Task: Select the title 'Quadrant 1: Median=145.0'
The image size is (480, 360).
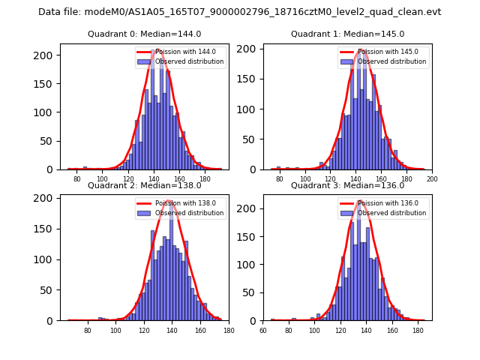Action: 347,34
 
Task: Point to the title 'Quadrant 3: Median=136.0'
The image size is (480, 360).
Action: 347,185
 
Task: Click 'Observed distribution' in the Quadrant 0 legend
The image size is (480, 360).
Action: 189,61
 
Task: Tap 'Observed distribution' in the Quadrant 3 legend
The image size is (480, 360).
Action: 391,213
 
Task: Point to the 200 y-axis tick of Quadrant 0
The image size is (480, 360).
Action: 46,55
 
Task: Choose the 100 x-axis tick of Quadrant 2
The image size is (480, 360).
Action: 116,331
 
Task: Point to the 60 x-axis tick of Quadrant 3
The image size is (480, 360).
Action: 263,331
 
